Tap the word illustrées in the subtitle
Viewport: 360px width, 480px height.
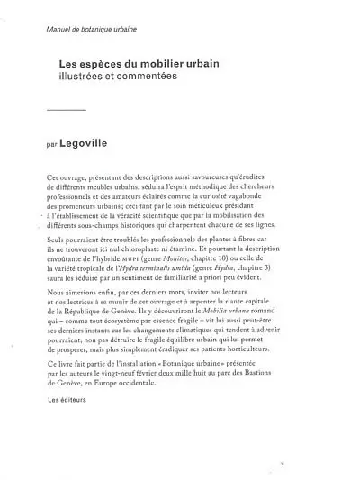84,78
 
